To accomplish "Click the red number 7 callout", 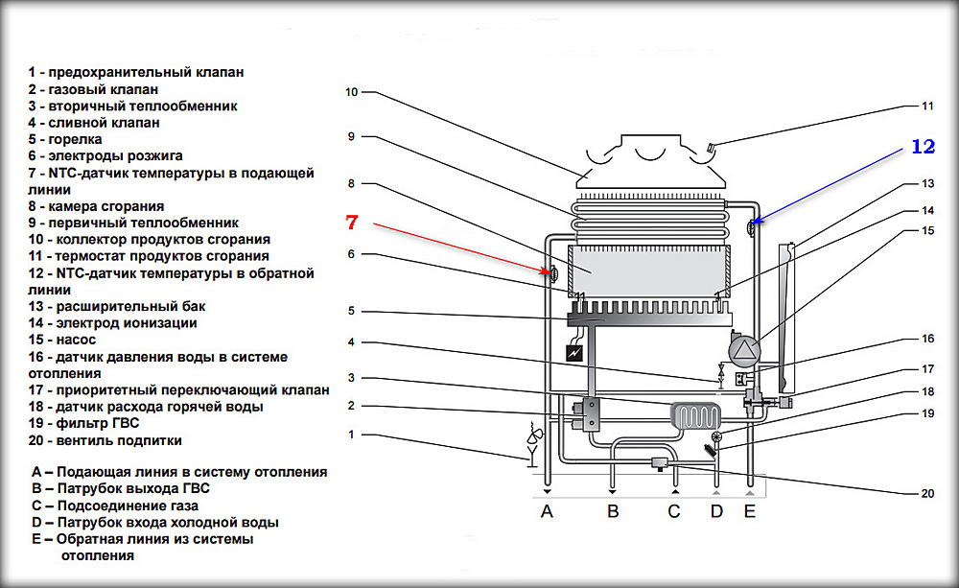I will coord(351,223).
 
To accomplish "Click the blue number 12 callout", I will coord(922,147).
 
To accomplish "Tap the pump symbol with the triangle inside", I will coord(743,351).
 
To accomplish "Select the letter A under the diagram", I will coord(547,511).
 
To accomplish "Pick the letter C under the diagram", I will coord(674,511).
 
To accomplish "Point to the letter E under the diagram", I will coord(750,511).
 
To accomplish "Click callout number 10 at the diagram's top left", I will coord(351,92).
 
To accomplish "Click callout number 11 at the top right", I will coord(926,106).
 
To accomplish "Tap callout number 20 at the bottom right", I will coord(926,494).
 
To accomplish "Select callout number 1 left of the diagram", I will coord(351,434).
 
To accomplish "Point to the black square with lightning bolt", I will coord(574,353).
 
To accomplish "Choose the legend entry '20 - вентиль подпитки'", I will coord(105,440).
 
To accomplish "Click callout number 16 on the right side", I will coord(926,340).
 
